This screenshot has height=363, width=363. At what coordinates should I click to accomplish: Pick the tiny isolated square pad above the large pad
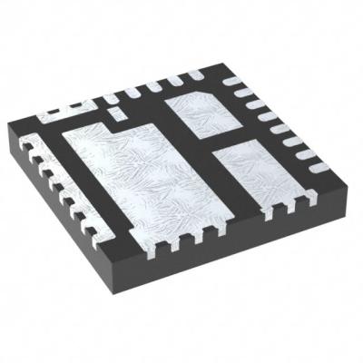point(113,112)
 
